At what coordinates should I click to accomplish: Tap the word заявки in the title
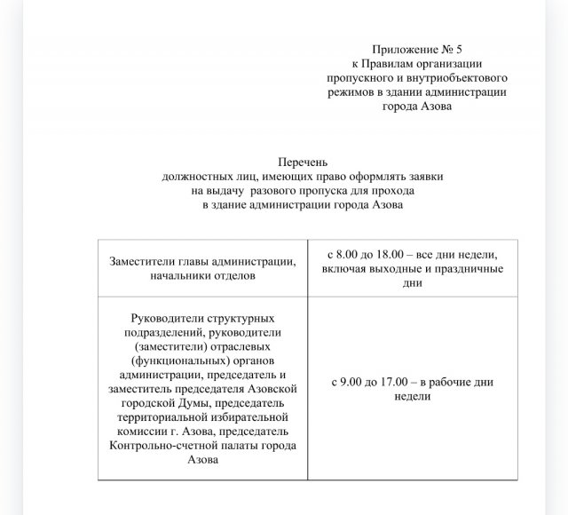pyautogui.click(x=422, y=177)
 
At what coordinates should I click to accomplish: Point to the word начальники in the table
pyautogui.click(x=182, y=275)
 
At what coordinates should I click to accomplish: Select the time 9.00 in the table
pyautogui.click(x=352, y=382)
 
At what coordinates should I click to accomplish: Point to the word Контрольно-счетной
pyautogui.click(x=160, y=446)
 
